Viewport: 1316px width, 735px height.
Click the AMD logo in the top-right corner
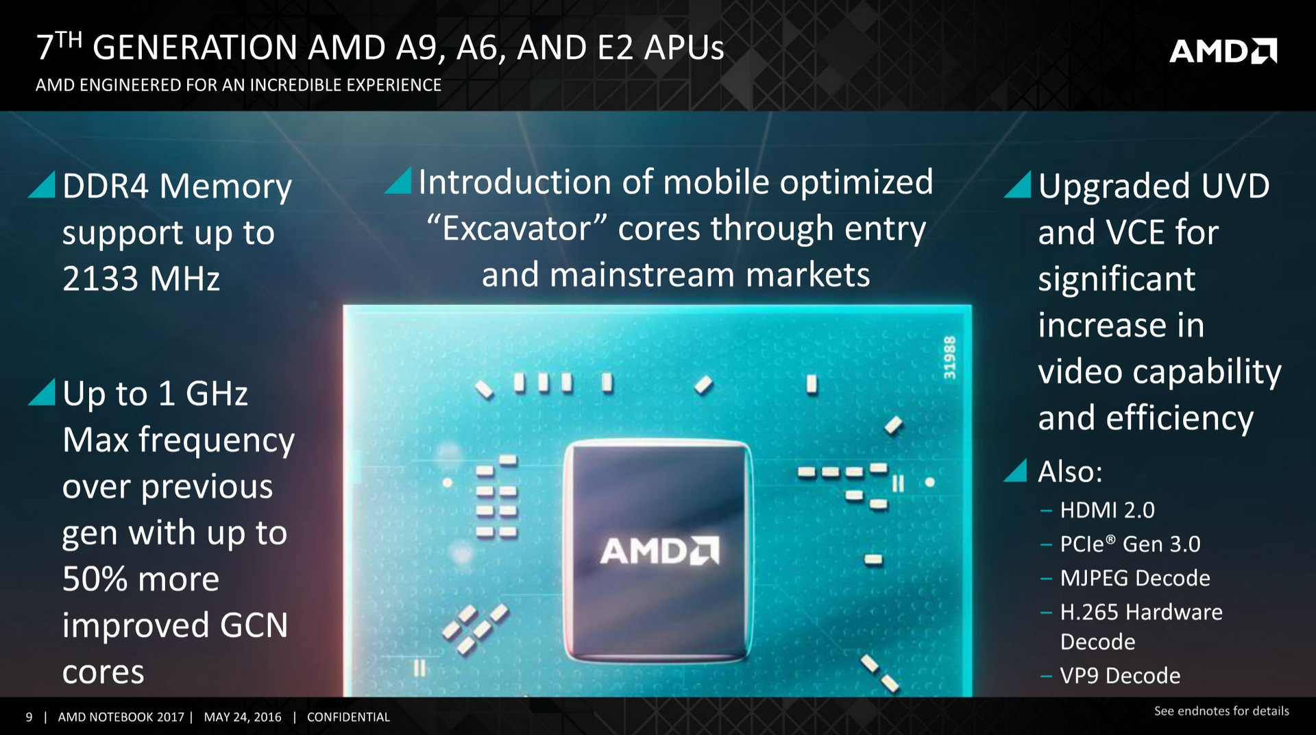[1223, 51]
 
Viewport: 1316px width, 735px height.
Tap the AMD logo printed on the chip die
[659, 551]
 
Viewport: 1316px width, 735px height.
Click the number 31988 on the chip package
[949, 357]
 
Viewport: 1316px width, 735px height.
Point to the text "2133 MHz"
[141, 279]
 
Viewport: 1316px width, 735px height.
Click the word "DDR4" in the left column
[105, 186]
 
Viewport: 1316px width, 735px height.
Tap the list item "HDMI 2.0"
[1107, 510]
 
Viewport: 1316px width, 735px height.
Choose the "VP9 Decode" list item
[1120, 675]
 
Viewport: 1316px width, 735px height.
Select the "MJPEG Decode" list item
[1134, 578]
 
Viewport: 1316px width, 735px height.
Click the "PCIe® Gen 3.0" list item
[1130, 544]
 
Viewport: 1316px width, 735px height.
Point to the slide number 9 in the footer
[29, 717]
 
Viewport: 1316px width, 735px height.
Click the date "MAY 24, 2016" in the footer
[243, 717]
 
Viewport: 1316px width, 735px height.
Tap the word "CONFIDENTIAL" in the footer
[348, 717]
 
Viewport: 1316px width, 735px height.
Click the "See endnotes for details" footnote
[1221, 711]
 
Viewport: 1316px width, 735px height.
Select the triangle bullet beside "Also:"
[1017, 472]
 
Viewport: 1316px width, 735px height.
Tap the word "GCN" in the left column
[254, 625]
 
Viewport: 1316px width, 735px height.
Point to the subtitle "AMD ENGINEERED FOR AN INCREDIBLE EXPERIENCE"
[239, 85]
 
